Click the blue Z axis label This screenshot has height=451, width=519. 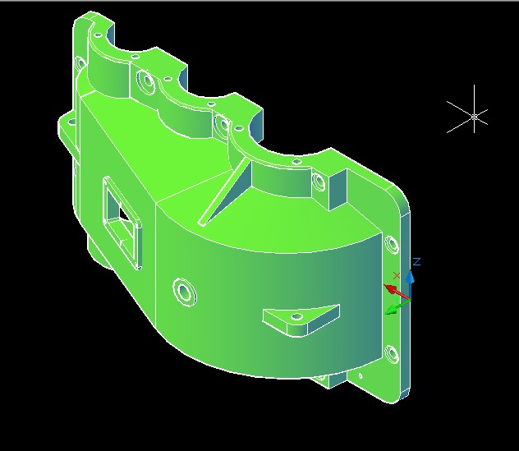[416, 262]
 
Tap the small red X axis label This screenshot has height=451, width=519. [397, 275]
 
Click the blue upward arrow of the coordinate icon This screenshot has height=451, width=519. [410, 278]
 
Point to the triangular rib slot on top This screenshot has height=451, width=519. [226, 193]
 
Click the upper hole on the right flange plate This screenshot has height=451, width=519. [389, 243]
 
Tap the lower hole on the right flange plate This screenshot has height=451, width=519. [390, 355]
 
